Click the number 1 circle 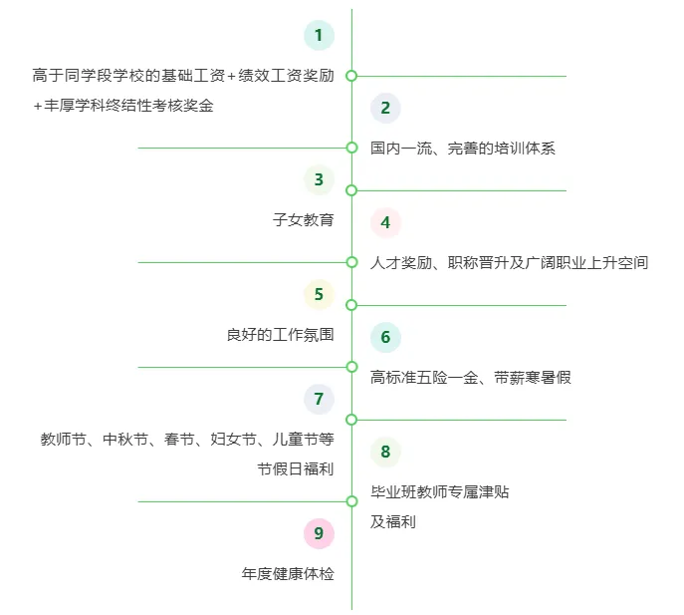319,36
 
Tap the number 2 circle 385,108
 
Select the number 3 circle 319,179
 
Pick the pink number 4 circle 385,222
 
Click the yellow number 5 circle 319,294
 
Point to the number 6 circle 385,337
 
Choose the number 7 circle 319,400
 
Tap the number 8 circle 385,452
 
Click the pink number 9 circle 319,533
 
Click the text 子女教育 304,220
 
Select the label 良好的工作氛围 280,335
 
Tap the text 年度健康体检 288,574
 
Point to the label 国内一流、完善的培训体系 463,149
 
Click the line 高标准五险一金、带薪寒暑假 470,378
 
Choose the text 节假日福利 295,468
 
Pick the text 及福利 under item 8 393,521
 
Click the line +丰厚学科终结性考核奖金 123,106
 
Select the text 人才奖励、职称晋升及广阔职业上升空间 509,263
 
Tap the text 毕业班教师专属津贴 440,492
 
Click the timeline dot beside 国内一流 351,148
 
